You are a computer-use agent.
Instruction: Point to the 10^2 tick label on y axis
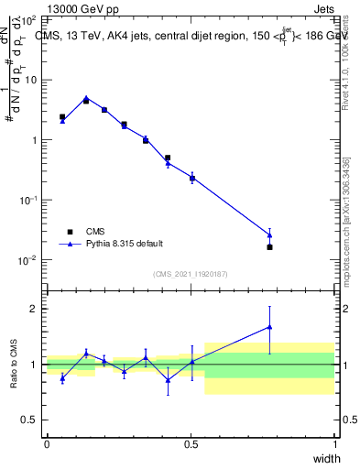[x=29, y=19]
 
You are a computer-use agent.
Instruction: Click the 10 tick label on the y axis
[x=32, y=80]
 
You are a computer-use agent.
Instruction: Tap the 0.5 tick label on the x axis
[x=191, y=445]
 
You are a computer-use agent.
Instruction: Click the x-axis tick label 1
[x=335, y=445]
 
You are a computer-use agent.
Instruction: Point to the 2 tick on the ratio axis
[x=37, y=309]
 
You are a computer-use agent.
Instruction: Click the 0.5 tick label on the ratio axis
[x=33, y=420]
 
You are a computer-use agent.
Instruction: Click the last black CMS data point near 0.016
[x=269, y=247]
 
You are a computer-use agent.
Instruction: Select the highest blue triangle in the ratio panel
[x=269, y=326]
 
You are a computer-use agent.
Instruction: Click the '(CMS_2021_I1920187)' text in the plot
[x=191, y=273]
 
